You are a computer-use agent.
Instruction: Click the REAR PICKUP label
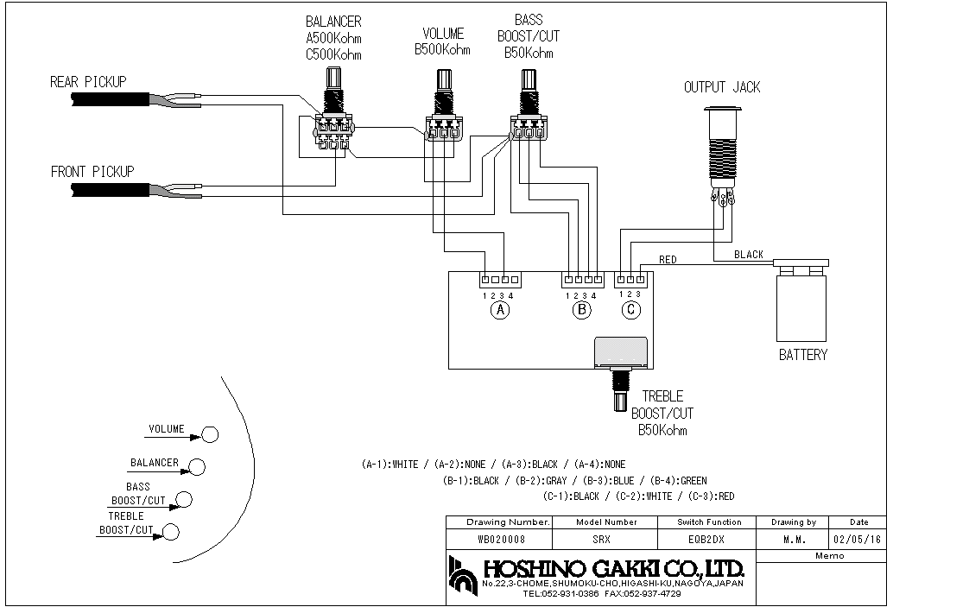click(x=88, y=81)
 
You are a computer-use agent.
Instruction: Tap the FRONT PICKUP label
click(x=92, y=171)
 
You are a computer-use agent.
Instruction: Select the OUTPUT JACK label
click(x=722, y=87)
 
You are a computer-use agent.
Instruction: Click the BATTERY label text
click(x=803, y=355)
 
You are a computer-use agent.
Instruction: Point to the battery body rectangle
click(x=801, y=308)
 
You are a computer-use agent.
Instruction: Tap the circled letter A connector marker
click(x=500, y=310)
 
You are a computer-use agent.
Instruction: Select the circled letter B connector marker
click(x=581, y=310)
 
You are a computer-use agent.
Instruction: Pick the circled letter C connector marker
click(x=631, y=309)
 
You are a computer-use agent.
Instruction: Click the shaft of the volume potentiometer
click(x=444, y=80)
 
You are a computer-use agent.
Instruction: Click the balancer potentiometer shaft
click(x=333, y=79)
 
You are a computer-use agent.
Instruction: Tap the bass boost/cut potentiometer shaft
click(x=528, y=79)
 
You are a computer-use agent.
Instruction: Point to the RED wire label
click(x=668, y=260)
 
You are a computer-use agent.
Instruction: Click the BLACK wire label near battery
click(x=749, y=254)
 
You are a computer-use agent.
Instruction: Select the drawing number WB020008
click(x=501, y=539)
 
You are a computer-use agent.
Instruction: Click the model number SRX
click(x=601, y=539)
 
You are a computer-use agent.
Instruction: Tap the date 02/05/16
click(x=857, y=539)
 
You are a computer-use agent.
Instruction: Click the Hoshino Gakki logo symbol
click(x=464, y=576)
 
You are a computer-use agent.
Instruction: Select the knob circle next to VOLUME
click(x=210, y=434)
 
